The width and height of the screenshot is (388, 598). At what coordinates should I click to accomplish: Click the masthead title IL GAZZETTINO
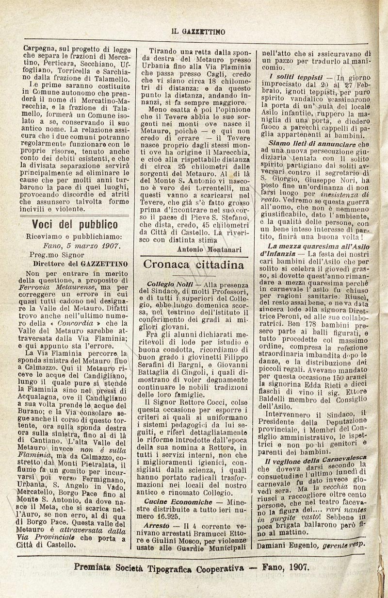coord(199,32)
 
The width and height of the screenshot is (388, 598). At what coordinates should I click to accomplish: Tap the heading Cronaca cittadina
coord(194,265)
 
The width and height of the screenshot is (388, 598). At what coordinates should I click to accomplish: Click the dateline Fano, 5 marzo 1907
coord(81,246)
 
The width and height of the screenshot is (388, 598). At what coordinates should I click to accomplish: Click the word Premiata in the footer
coord(92,567)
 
